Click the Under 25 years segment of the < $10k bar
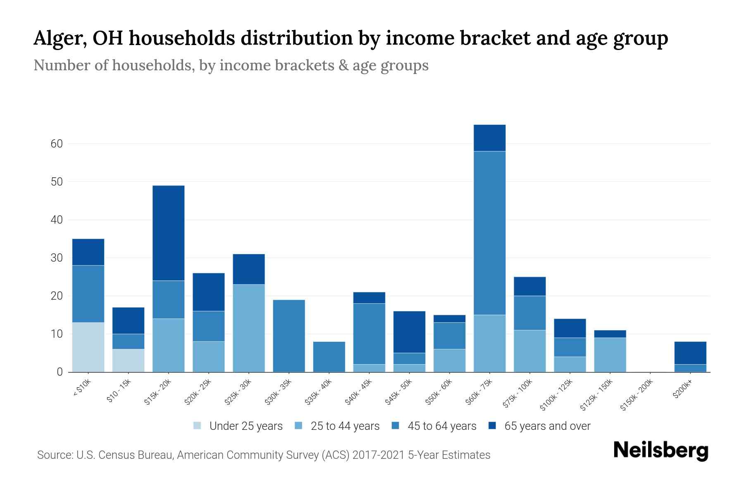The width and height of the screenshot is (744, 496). [x=88, y=347]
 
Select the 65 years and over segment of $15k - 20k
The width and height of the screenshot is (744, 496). [x=168, y=233]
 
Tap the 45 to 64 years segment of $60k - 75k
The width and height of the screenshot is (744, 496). [x=489, y=233]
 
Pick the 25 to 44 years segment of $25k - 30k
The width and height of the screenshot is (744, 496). [x=248, y=328]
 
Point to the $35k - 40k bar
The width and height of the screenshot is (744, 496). [x=329, y=357]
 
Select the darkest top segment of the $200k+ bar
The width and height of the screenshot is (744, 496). [x=690, y=353]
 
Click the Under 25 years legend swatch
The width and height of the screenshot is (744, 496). [x=198, y=426]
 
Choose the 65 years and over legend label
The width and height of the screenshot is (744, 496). [x=547, y=426]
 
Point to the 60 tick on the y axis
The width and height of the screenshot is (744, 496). [x=57, y=144]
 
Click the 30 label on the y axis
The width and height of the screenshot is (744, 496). [x=57, y=258]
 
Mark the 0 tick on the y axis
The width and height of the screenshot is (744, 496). [x=60, y=372]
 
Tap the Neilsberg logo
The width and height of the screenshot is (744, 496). [x=661, y=451]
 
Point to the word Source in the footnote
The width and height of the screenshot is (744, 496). [x=54, y=455]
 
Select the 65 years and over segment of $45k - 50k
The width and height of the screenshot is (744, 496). [x=409, y=332]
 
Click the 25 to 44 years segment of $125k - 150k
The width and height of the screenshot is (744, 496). [x=610, y=355]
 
